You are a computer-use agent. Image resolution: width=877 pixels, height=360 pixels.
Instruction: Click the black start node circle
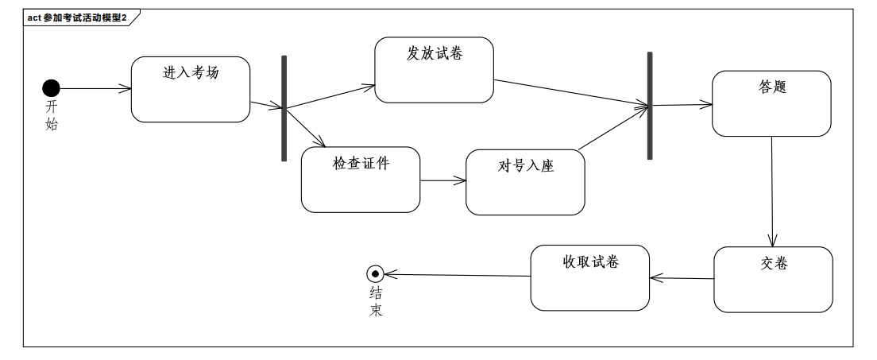[x=51, y=88]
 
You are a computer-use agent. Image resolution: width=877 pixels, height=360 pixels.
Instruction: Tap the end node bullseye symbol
[x=375, y=274]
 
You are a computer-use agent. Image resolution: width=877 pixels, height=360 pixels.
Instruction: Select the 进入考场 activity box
[x=191, y=89]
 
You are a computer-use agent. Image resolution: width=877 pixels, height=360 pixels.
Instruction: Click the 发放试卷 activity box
[x=434, y=70]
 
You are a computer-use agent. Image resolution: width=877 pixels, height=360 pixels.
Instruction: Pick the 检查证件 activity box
[x=361, y=180]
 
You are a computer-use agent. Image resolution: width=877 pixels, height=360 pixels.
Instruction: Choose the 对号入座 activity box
[x=525, y=182]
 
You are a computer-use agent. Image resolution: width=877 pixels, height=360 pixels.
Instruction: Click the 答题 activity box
[x=771, y=103]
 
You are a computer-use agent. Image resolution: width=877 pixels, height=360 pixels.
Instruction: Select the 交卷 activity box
[x=773, y=279]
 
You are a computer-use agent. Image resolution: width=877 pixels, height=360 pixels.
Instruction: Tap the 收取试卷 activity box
[x=590, y=277]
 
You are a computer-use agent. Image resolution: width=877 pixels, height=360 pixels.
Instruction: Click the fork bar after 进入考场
[x=284, y=108]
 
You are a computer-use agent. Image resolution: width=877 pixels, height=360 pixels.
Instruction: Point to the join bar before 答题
[x=650, y=106]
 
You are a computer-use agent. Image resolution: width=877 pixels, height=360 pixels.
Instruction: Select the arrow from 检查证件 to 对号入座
[x=442, y=181]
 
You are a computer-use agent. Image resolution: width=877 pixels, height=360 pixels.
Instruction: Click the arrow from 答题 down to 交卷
[x=772, y=192]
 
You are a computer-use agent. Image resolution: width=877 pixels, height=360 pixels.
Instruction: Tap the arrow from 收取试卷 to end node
[x=458, y=276]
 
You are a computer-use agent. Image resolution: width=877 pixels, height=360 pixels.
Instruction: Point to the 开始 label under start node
[x=52, y=114]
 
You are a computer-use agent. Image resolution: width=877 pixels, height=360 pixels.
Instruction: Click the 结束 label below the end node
[x=376, y=301]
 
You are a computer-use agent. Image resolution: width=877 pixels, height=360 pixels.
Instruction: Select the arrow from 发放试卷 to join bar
[x=572, y=92]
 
